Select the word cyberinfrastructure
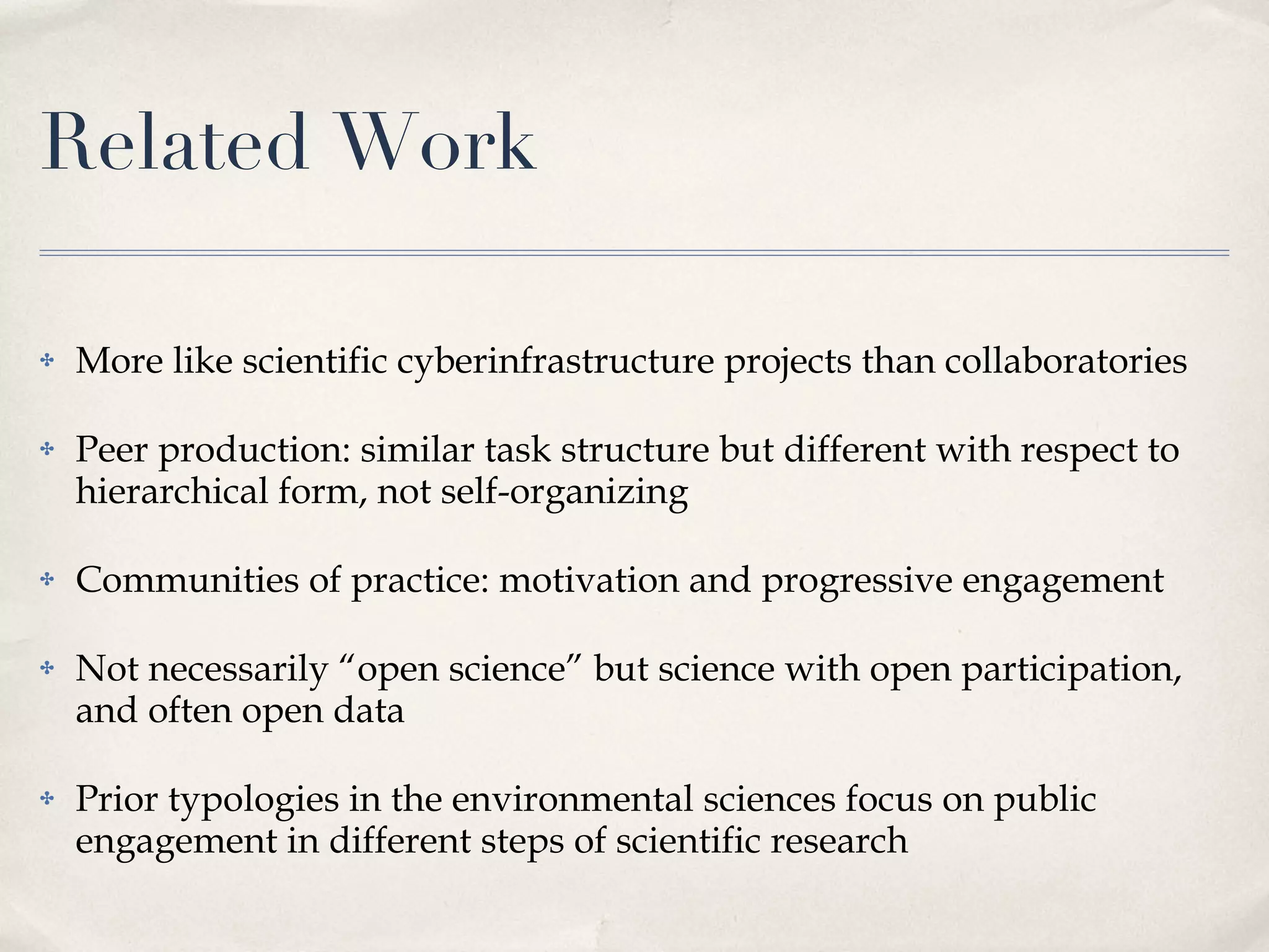[555, 362]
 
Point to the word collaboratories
[1066, 362]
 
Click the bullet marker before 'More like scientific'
[47, 362]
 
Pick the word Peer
[112, 450]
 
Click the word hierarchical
[171, 492]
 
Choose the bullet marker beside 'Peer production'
[47, 450]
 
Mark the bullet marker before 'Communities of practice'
[47, 581]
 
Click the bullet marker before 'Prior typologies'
[47, 800]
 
